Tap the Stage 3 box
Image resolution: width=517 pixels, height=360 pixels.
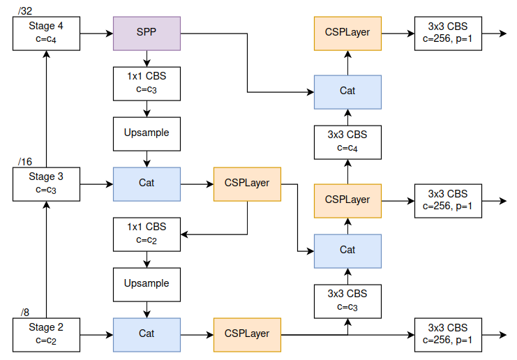[46, 183]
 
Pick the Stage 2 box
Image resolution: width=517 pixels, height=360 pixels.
[46, 333]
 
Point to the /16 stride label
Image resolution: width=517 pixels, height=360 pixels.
[25, 162]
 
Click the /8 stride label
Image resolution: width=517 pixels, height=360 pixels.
[25, 312]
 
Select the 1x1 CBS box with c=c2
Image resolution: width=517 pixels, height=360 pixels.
[147, 233]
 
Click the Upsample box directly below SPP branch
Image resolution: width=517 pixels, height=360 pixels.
[147, 133]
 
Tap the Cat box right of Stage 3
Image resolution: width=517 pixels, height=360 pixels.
[147, 183]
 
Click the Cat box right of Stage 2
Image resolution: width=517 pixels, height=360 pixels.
[147, 333]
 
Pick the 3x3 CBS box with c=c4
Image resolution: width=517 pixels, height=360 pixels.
[347, 140]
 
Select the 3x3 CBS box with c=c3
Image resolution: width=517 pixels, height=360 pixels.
[347, 300]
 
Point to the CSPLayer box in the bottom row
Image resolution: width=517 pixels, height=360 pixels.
[247, 333]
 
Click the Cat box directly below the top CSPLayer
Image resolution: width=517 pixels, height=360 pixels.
[347, 91]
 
